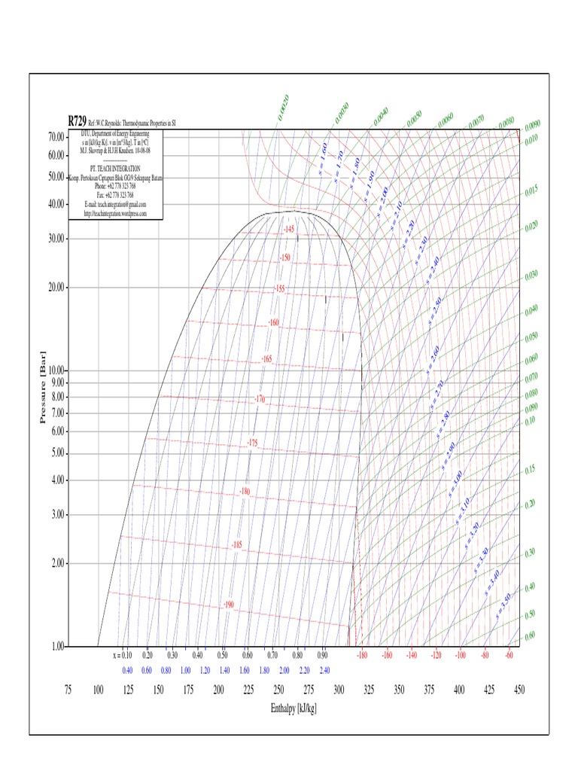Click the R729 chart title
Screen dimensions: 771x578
[77, 120]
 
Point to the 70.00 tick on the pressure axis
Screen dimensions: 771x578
[55, 137]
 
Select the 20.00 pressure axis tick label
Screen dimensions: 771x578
[55, 287]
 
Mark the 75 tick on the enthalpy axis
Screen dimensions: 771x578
[68, 690]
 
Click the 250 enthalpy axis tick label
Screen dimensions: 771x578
[278, 690]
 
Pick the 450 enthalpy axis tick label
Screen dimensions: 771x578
[519, 690]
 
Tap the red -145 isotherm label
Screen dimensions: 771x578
[289, 229]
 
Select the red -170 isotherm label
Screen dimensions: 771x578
[260, 398]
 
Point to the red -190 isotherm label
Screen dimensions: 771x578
[229, 605]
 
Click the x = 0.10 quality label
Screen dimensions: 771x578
[122, 656]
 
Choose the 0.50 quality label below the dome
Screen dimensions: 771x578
[223, 656]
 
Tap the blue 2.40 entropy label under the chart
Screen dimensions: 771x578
[324, 670]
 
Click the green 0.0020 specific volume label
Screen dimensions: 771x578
[283, 108]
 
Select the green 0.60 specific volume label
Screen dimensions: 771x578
[530, 635]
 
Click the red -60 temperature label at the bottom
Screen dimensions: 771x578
[509, 656]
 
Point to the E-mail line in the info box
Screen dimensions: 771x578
[115, 204]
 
